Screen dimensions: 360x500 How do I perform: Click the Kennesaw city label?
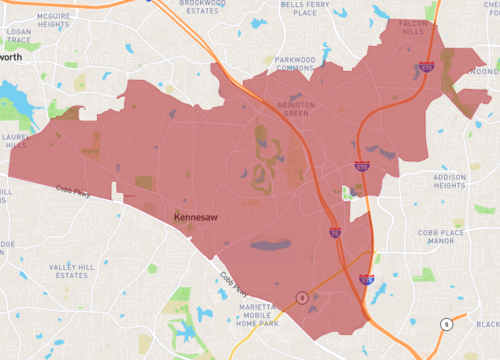[x=196, y=216]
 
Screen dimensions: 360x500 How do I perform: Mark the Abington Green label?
[x=288, y=108]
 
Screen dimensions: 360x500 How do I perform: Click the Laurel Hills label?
[x=14, y=138]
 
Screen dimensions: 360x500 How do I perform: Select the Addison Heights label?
[x=449, y=181]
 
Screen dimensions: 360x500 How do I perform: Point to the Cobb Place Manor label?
[x=441, y=236]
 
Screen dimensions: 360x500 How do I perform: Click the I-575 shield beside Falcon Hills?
[x=427, y=68]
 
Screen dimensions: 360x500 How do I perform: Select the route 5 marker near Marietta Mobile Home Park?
[x=299, y=296]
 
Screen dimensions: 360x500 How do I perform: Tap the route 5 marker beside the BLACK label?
[x=446, y=323]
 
